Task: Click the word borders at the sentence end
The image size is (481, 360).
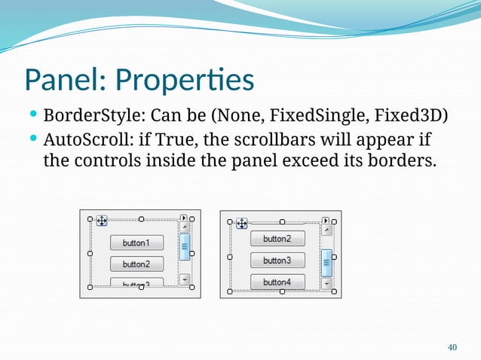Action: (400, 160)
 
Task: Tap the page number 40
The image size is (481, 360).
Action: (452, 347)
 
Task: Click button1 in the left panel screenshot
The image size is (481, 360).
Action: (136, 243)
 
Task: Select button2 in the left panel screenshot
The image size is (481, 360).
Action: (136, 264)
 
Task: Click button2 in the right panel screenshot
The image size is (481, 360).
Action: (277, 239)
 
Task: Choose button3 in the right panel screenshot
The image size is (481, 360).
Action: (277, 261)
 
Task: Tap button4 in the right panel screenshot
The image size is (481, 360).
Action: (277, 282)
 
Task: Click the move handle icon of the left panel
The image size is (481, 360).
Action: (102, 221)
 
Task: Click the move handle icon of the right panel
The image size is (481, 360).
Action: (242, 223)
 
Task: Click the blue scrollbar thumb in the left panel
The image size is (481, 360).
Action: (185, 246)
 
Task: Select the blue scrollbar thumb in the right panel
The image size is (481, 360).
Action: (326, 263)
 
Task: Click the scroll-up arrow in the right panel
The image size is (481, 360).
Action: (326, 232)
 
